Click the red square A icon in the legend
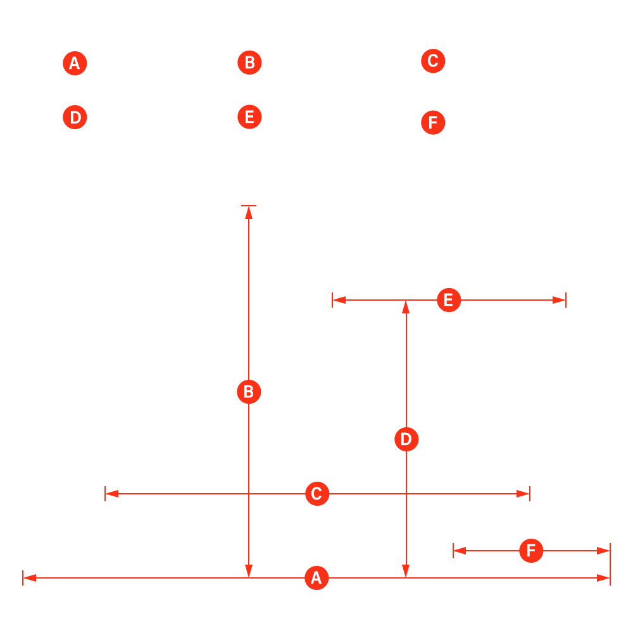tap(75, 64)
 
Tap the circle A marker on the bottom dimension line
tap(316, 577)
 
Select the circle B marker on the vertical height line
tap(249, 392)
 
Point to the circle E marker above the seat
tap(449, 299)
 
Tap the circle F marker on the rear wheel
tap(531, 551)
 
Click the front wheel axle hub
tap(104, 493)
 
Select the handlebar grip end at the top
tap(246, 205)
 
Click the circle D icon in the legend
tap(75, 118)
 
